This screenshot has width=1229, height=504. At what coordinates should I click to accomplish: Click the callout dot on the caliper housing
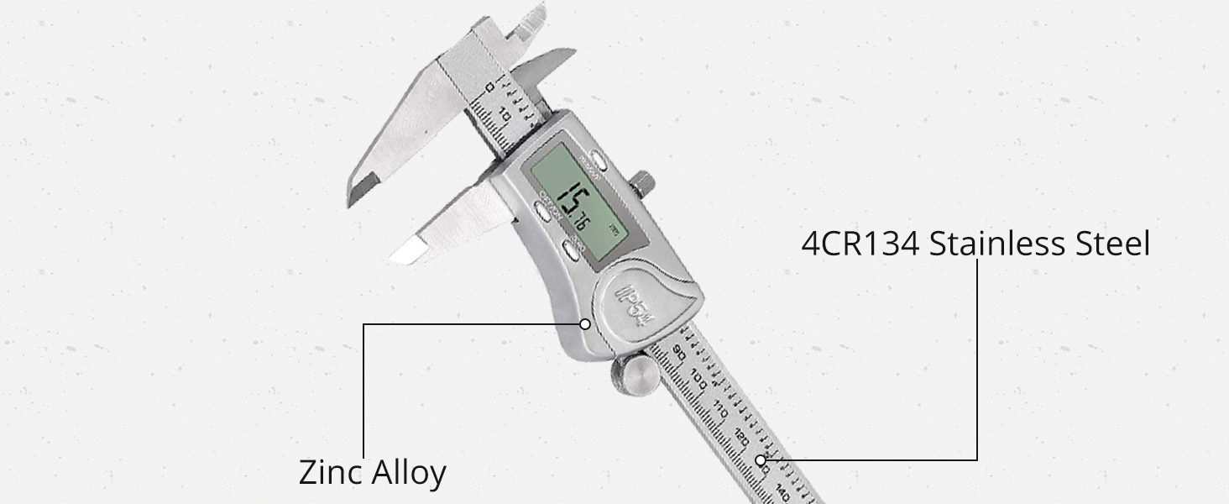(584, 323)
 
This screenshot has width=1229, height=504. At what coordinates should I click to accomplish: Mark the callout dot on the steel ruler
(761, 459)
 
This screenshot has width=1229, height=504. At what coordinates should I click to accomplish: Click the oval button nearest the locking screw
(597, 157)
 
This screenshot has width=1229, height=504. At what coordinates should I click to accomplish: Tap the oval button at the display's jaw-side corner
(541, 214)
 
